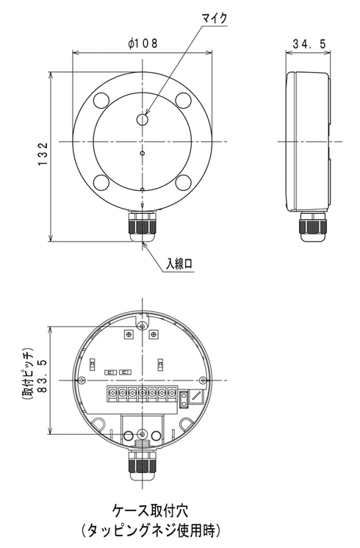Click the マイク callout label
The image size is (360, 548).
215,18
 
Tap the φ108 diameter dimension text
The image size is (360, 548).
143,43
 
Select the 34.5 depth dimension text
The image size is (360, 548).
309,44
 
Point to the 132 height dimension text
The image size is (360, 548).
43,154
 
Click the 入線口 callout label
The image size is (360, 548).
179,264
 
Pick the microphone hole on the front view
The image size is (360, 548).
143,120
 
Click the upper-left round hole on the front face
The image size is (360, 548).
101,100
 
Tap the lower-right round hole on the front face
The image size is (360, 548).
183,182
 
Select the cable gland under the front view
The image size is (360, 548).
143,226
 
